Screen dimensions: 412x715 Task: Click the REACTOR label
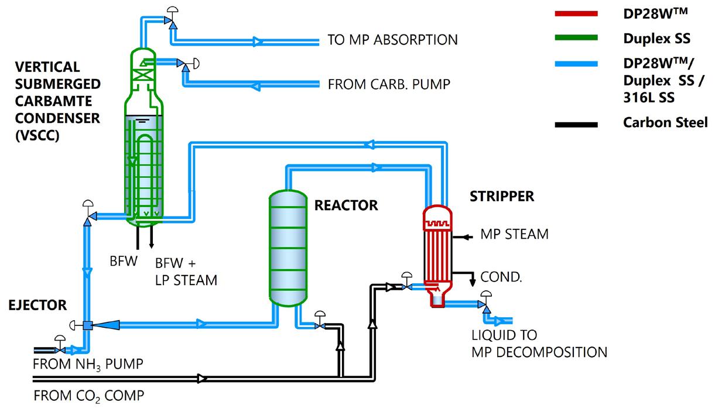(346, 205)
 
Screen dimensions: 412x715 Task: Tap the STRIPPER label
(502, 196)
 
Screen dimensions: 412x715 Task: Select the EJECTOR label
(37, 305)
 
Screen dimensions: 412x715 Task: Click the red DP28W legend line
(577, 13)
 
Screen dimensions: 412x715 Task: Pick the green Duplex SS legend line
(577, 39)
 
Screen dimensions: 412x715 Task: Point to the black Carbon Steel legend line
(577, 124)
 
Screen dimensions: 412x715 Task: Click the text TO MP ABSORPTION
(392, 40)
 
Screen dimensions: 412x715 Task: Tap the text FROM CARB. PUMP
(389, 84)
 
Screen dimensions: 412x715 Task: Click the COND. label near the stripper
(501, 277)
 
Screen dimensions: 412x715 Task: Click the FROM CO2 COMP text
(88, 396)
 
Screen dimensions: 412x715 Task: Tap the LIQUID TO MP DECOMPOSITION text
(539, 344)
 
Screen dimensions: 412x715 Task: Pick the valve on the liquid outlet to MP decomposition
(484, 304)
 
